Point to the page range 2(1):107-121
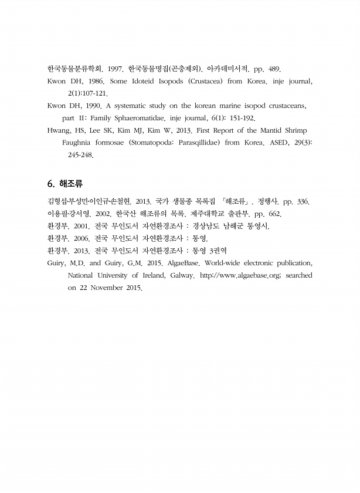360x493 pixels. coord(88,93)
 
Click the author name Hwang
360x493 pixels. coord(59,130)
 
